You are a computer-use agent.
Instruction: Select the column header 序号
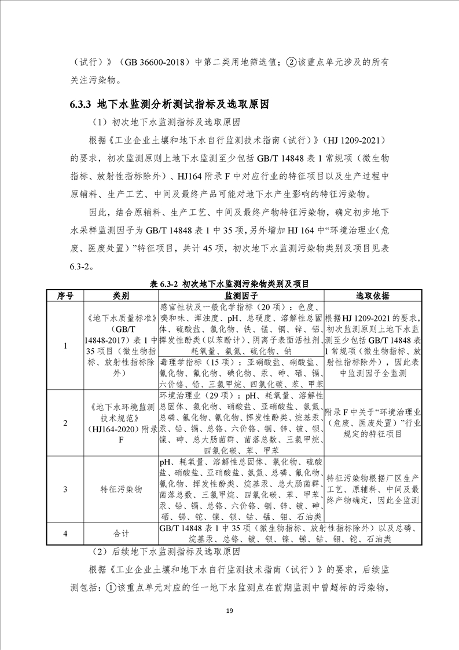pos(65,295)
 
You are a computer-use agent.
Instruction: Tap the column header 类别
pos(121,295)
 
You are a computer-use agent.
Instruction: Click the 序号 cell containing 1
pos(65,345)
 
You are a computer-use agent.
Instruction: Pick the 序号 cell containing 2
pos(65,422)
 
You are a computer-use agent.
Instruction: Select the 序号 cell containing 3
pos(65,489)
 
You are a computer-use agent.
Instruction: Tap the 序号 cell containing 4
pos(65,533)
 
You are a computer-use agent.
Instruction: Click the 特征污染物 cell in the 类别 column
pos(121,489)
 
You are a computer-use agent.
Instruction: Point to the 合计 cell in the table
pos(121,533)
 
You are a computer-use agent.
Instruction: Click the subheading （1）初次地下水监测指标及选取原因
pos(165,123)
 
